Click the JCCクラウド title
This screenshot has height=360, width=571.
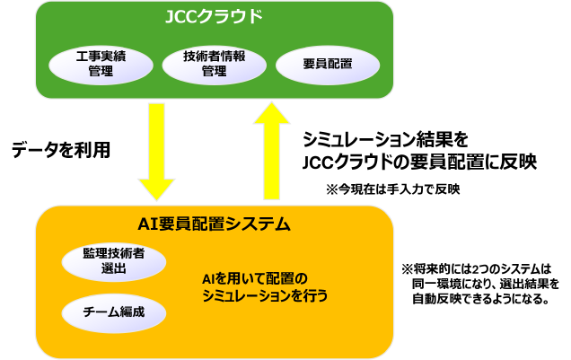[x=214, y=17]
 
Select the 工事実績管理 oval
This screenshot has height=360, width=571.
[x=101, y=64]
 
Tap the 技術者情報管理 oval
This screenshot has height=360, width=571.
[x=215, y=64]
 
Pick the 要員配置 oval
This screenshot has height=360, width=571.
[x=328, y=64]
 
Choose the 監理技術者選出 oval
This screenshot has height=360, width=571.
[x=114, y=261]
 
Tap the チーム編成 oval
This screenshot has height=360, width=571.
[x=114, y=312]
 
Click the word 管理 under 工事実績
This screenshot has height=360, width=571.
[x=101, y=72]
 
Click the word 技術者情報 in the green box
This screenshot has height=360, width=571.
[x=215, y=56]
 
